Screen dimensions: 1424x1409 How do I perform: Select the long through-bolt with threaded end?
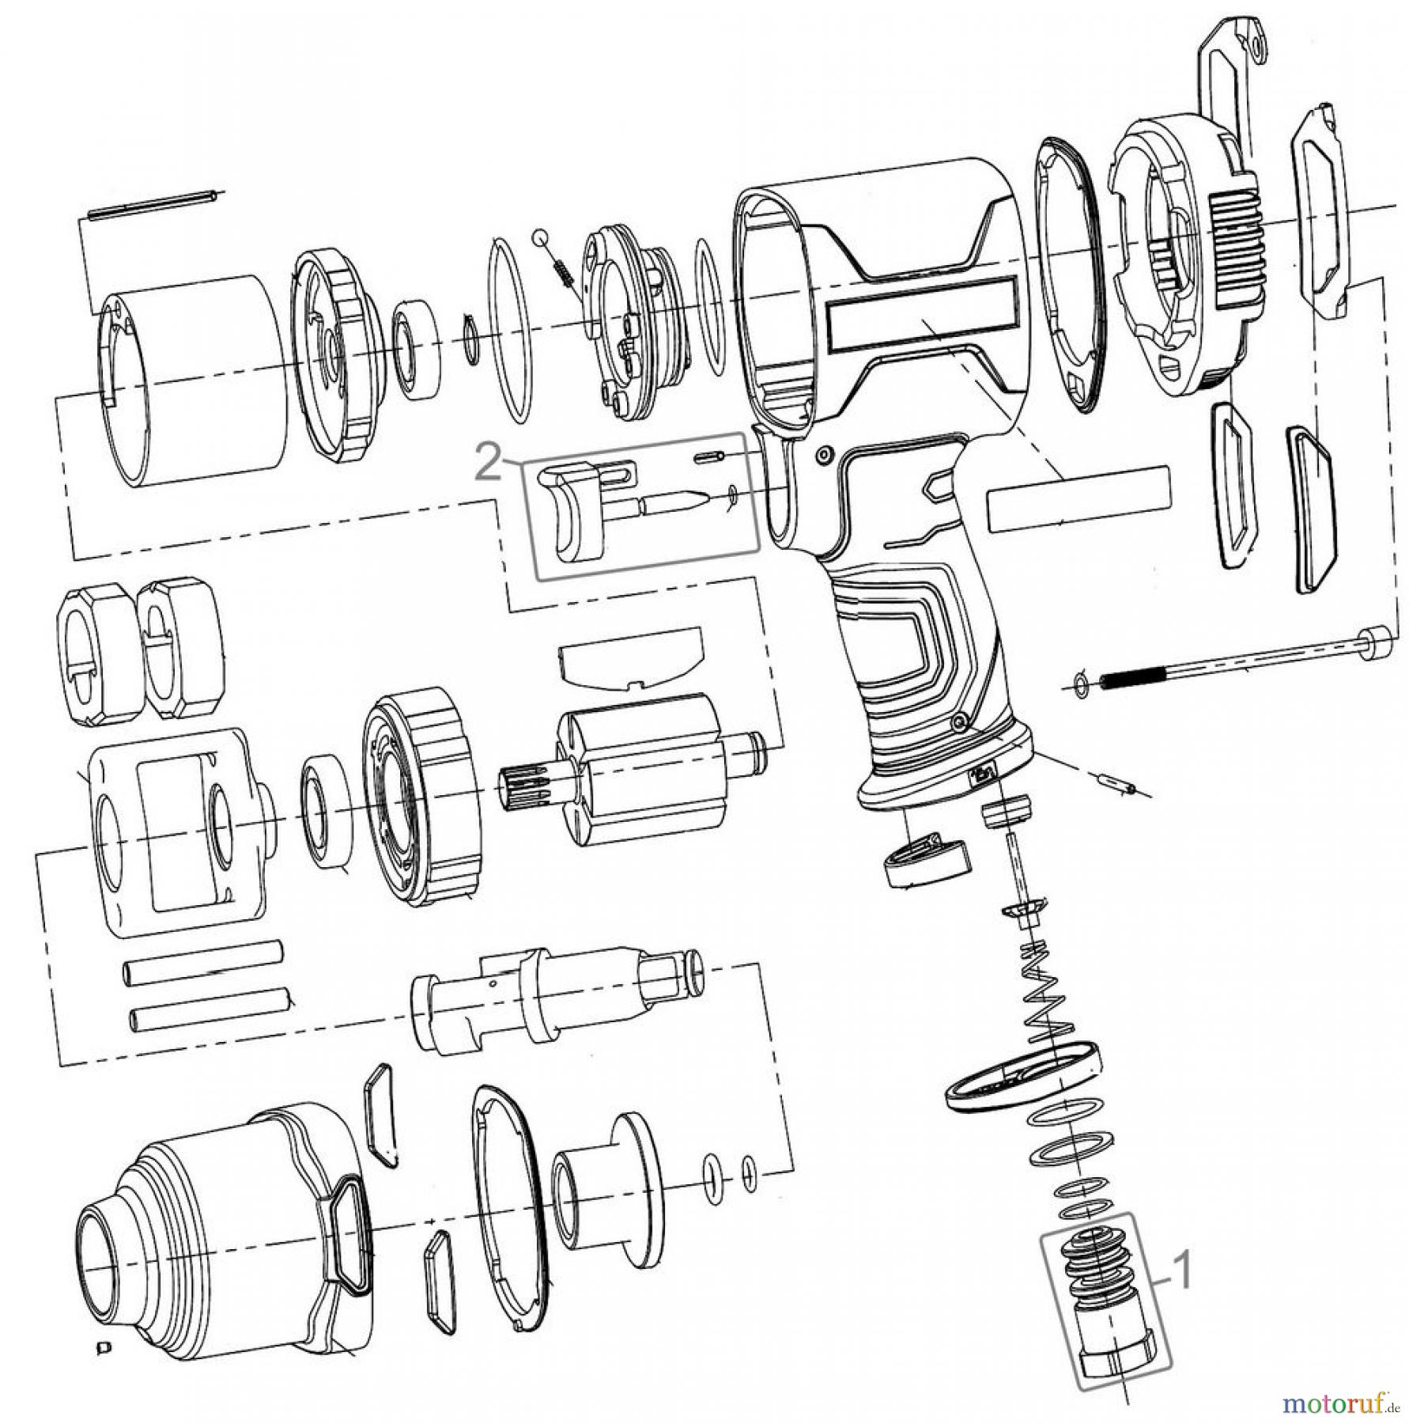click(1233, 657)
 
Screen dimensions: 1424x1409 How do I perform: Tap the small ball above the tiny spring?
click(539, 236)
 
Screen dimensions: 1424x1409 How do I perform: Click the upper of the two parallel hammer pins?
click(202, 971)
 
